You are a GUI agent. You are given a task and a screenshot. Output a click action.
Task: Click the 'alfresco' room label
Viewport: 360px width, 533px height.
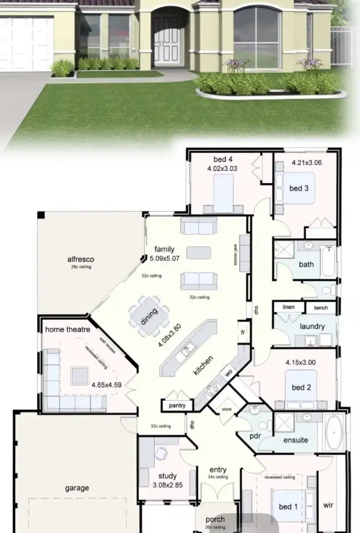click(x=81, y=259)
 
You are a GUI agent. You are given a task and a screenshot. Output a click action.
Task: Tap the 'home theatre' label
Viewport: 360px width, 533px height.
click(x=67, y=330)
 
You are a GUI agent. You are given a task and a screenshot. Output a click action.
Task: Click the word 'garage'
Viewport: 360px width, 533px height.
click(x=77, y=488)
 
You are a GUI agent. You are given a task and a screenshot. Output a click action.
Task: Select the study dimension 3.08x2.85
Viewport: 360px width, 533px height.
click(x=167, y=485)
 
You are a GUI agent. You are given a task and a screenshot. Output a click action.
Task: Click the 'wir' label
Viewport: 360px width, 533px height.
click(x=329, y=505)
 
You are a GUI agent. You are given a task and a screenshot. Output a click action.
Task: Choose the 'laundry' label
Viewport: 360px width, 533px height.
click(x=312, y=326)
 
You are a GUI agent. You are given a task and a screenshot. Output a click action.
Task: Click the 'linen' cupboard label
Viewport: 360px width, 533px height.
click(x=288, y=307)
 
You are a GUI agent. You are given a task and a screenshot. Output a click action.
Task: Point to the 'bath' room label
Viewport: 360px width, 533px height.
click(x=306, y=264)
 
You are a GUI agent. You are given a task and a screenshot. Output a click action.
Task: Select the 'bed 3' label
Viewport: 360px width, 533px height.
click(x=299, y=188)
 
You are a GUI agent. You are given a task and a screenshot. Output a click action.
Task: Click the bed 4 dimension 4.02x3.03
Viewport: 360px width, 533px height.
click(x=223, y=168)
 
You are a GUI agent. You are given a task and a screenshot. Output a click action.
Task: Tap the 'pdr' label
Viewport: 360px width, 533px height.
click(x=255, y=435)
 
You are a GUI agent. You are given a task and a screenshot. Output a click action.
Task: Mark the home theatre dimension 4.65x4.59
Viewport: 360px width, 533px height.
click(x=106, y=384)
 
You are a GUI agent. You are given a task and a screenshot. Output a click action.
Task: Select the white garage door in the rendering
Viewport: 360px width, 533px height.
click(x=27, y=44)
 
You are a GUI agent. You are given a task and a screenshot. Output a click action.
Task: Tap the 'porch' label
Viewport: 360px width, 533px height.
click(x=215, y=520)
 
